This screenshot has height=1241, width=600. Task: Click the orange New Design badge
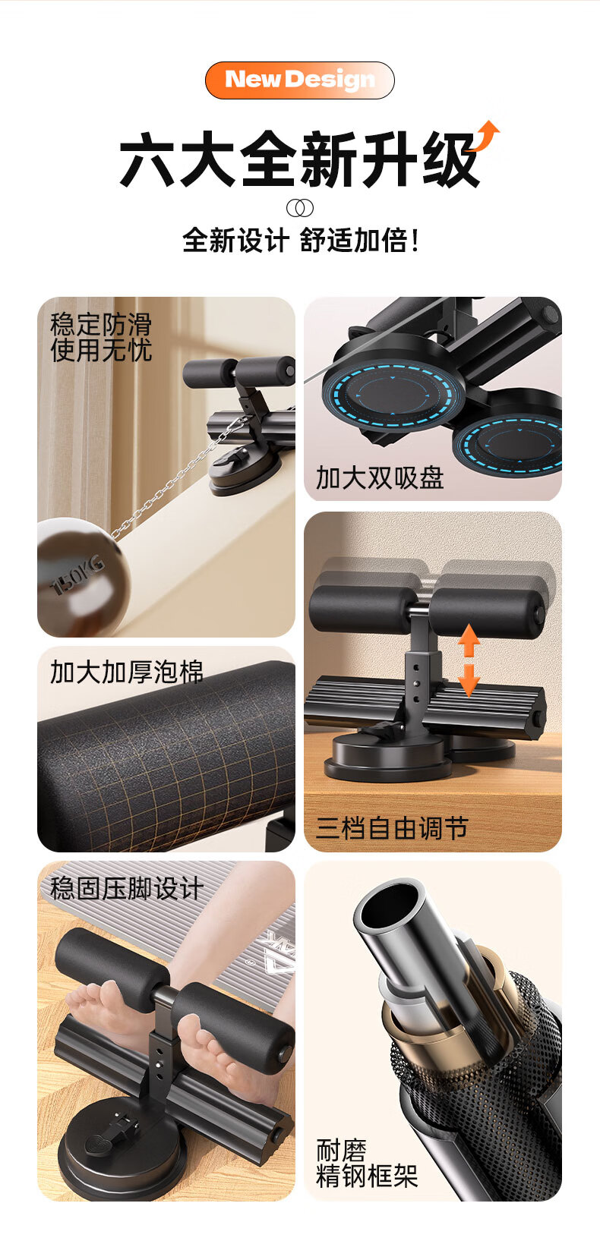click(299, 80)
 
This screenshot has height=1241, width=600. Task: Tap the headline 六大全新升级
click(299, 159)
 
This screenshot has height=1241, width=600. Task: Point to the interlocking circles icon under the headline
click(300, 208)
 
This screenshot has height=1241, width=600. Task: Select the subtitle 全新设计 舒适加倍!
click(300, 241)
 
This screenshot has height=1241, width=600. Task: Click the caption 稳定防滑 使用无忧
click(101, 338)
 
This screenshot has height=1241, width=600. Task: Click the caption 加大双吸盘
click(380, 477)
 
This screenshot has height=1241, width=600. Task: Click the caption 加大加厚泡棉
click(126, 672)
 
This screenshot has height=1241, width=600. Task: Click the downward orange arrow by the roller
click(469, 680)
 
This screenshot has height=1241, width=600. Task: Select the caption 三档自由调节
click(392, 829)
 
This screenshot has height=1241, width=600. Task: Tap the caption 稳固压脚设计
click(126, 888)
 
